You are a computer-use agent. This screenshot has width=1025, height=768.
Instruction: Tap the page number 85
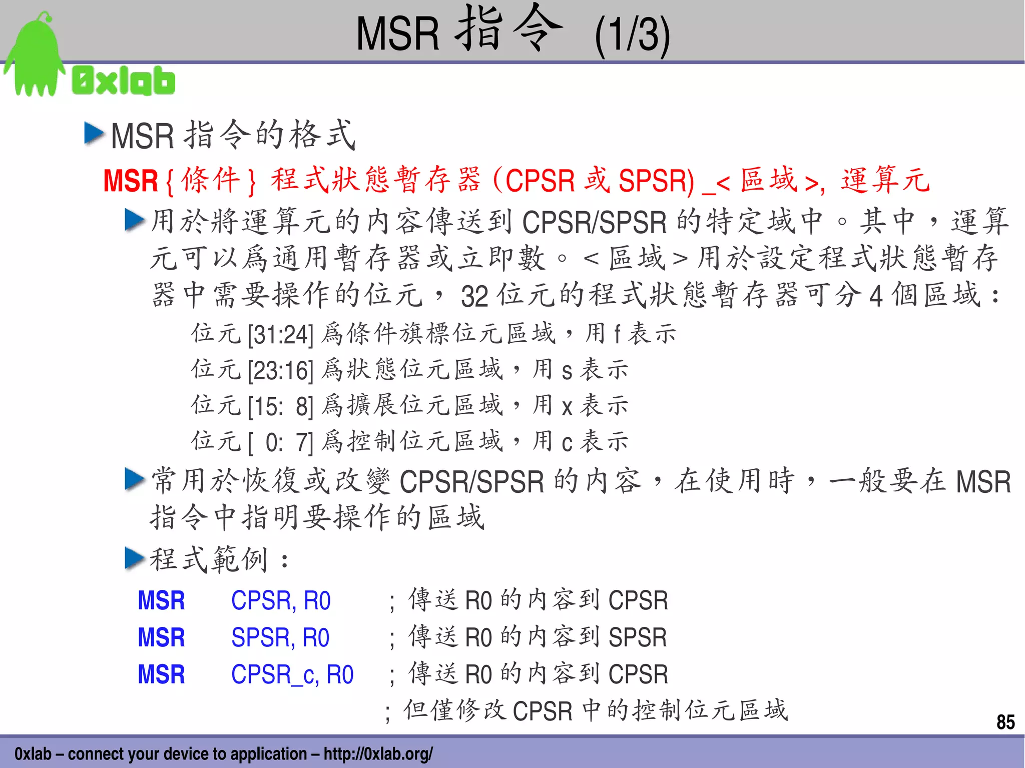[x=1005, y=722]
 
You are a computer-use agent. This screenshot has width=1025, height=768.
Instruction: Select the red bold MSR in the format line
[x=131, y=181]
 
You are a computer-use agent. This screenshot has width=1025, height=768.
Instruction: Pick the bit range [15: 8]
[x=280, y=406]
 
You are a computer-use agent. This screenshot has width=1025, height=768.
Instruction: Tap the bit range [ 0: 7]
[x=280, y=442]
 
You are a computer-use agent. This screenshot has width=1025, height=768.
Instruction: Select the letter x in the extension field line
[x=567, y=406]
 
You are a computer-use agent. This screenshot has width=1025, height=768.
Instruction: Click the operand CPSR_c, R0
[x=292, y=674]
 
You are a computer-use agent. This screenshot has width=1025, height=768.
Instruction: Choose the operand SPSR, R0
[x=280, y=637]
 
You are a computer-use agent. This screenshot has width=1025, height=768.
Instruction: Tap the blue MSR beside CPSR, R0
[x=161, y=600]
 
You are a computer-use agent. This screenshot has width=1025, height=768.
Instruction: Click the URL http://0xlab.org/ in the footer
[x=378, y=753]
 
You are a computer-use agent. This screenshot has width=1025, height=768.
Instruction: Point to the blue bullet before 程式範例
[x=134, y=558]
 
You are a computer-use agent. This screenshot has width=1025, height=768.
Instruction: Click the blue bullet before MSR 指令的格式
[x=94, y=134]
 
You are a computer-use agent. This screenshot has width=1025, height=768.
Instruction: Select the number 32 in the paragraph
[x=474, y=296]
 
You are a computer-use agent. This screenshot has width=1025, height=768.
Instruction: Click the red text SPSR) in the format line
[x=656, y=181]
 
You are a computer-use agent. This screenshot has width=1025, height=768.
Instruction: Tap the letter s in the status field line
[x=567, y=371]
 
